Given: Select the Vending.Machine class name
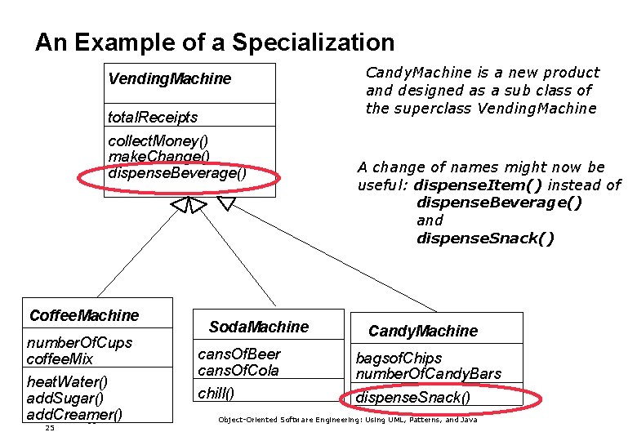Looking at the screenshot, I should click(170, 79).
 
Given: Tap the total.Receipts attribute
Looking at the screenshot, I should click(153, 118).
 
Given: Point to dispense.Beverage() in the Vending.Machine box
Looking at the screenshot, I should click(177, 173).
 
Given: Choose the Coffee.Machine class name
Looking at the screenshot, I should click(84, 316).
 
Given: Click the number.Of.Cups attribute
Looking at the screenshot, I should click(79, 342).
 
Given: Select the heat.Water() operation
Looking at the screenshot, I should click(68, 382).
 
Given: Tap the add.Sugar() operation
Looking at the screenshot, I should click(65, 399).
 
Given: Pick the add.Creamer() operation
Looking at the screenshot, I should click(74, 415).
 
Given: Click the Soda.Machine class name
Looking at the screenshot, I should click(258, 327).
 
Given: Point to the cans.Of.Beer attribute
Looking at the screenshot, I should click(239, 354).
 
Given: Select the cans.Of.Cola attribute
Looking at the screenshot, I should click(238, 371).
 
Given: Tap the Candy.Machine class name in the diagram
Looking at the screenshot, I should click(422, 332).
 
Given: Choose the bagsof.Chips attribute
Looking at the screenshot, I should click(399, 359).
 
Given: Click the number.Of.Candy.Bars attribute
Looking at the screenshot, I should click(428, 375).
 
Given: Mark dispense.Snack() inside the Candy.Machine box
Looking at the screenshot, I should click(413, 399).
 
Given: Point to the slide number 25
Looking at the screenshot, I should click(50, 428).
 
